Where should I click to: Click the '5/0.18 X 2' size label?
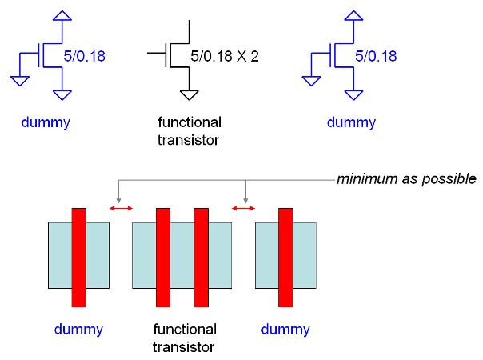coord(226,57)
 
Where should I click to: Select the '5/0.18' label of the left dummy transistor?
coord(85,57)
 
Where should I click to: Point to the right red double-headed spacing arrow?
coord(243,209)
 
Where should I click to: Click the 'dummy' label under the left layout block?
coord(78,330)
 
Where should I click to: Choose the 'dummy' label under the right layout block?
coord(285,330)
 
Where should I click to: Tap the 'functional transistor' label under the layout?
coord(183,338)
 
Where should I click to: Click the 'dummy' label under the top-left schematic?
coord(46,123)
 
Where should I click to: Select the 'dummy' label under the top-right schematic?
coord(352,123)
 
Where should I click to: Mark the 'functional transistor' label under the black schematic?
coord(189,131)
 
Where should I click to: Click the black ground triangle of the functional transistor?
coord(189,95)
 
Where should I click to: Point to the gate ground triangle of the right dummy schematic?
coord(309,79)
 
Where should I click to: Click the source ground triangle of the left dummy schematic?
coord(62,95)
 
